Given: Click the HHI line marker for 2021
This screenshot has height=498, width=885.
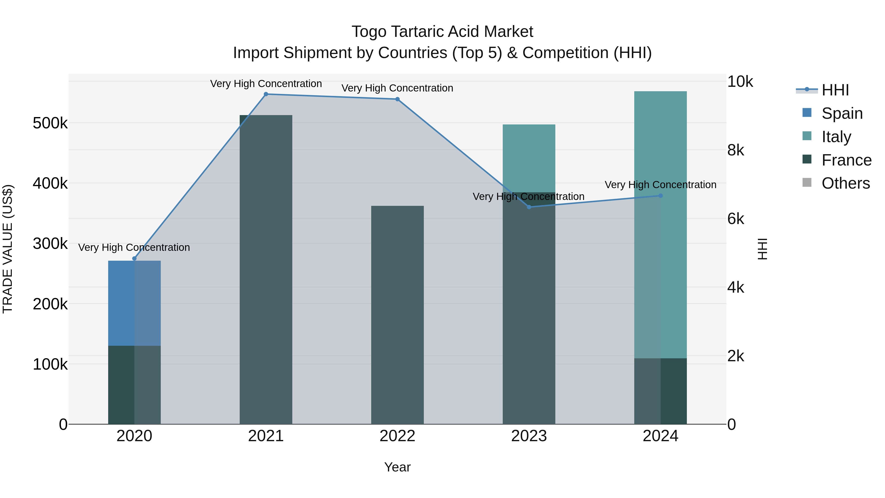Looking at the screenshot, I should (x=266, y=94).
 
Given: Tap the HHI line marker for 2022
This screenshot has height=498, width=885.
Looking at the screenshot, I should (x=398, y=99).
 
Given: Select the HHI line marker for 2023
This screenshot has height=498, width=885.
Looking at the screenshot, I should (x=529, y=207).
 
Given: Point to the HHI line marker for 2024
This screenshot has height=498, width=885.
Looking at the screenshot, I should (x=660, y=196).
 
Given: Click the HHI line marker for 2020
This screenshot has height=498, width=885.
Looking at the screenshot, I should (x=134, y=258).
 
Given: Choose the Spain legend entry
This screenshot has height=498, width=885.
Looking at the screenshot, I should (x=842, y=113).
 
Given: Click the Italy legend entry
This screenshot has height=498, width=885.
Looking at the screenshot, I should (x=836, y=136).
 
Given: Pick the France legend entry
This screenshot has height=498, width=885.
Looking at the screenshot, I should (x=846, y=160).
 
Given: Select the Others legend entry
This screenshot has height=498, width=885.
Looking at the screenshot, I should (x=845, y=183).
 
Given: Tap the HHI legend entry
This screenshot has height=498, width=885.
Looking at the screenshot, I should (x=835, y=90).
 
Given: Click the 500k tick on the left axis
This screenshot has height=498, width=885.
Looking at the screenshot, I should (x=50, y=123).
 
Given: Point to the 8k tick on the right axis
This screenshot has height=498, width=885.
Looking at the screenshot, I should (x=736, y=150).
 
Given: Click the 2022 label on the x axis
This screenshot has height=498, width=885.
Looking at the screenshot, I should (x=398, y=436).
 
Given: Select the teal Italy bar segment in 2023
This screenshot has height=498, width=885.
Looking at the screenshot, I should (x=529, y=158).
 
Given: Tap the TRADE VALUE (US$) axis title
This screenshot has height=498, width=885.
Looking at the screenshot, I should (x=8, y=249).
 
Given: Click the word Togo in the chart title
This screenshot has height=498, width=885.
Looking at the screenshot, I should (x=369, y=32).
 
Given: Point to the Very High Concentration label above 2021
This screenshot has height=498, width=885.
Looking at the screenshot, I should (x=266, y=84).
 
